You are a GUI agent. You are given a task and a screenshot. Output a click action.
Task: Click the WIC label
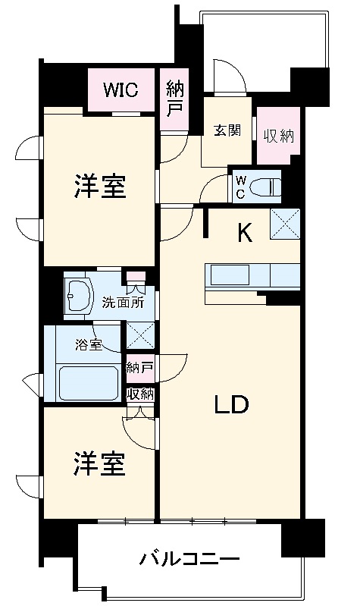coord(121,90)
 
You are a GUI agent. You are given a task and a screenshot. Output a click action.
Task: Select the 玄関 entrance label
coord(227,131)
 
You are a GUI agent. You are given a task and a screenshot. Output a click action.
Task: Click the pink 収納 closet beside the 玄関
coord(278,137)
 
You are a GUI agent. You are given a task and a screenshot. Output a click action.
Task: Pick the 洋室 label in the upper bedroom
coord(99,186)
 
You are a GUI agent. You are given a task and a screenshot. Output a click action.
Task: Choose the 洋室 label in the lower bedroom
coord(99,464)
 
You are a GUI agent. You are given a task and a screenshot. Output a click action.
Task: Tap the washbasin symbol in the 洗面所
coord(78,292)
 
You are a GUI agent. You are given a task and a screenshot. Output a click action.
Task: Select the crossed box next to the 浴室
coord(140,335)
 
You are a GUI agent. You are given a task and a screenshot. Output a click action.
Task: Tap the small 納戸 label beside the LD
coord(140,368)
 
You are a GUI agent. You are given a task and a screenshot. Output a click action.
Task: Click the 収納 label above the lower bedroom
coord(140,394)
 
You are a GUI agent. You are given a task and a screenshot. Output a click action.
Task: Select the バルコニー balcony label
coord(189,561)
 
